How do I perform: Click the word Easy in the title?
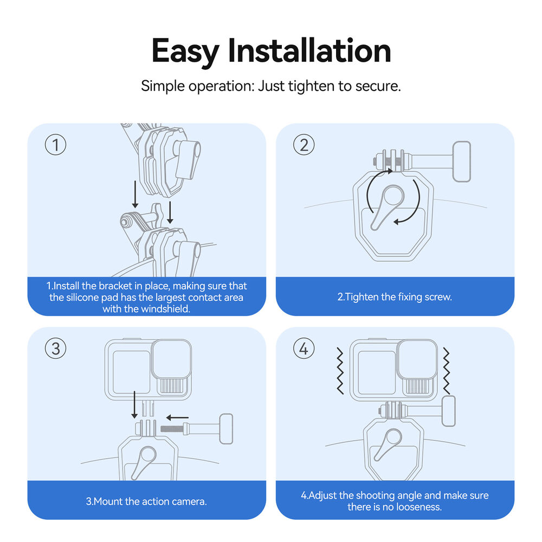[185, 51]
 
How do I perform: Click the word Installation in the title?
[309, 51]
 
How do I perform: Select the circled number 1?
[55, 145]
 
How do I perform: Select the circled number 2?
[304, 145]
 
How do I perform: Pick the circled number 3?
[55, 349]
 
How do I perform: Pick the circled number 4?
[304, 349]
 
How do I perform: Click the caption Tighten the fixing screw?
[395, 297]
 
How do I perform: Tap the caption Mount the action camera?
[146, 501]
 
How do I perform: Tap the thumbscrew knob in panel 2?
[462, 161]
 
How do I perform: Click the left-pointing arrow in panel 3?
[177, 417]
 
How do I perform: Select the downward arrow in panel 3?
[134, 406]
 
